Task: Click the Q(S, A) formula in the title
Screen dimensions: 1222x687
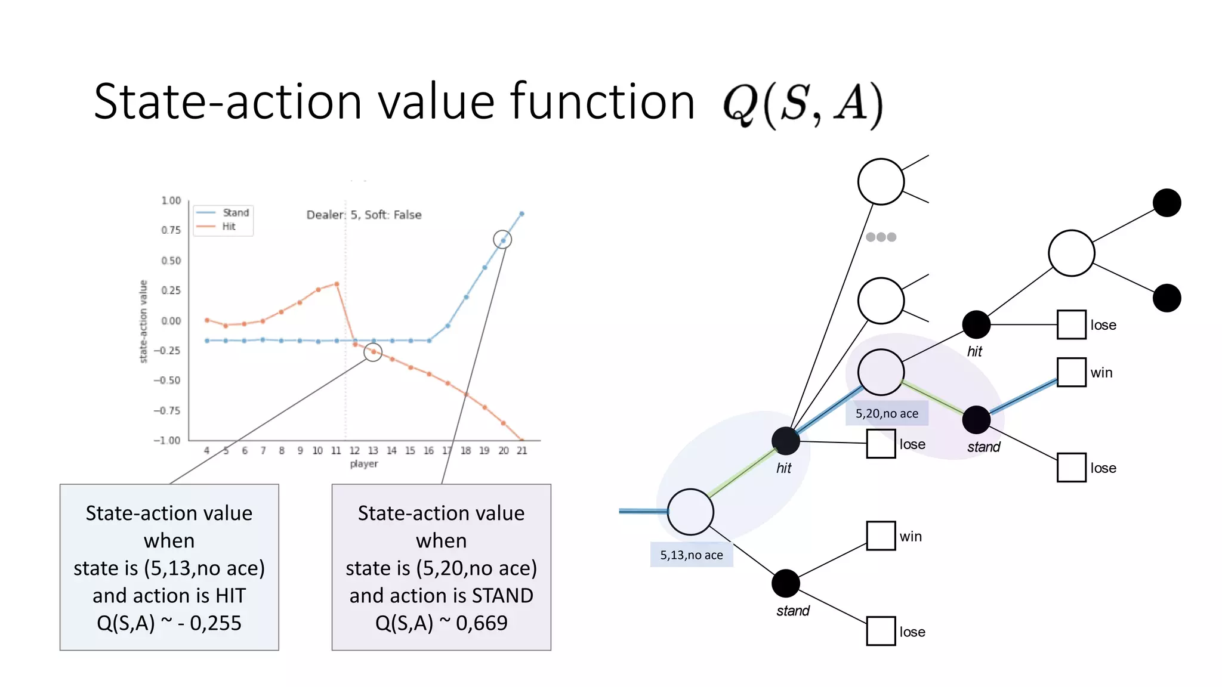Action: coord(803,104)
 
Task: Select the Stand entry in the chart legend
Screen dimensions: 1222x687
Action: coord(235,213)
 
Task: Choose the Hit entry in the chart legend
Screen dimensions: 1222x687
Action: coord(229,227)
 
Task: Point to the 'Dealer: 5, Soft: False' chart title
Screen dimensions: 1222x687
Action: coord(364,215)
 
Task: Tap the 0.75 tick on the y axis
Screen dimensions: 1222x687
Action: coord(171,230)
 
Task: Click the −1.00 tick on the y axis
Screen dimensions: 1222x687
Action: coord(167,441)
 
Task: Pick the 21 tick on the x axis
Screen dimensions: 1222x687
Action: coord(522,451)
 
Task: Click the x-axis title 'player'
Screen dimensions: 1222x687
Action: coord(364,464)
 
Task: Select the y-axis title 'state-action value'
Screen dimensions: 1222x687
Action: coord(143,321)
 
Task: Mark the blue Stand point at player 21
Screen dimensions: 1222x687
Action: coord(522,213)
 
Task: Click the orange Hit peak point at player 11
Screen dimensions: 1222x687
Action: coord(337,284)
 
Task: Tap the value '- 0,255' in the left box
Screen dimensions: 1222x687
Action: coord(209,623)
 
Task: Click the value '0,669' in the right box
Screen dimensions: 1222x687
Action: coord(482,623)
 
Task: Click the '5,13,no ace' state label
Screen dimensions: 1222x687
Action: coord(692,555)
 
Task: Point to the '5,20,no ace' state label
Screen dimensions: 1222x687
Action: coord(887,413)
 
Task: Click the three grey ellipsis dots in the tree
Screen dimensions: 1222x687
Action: coord(881,237)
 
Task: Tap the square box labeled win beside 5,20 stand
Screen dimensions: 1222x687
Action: coord(1071,372)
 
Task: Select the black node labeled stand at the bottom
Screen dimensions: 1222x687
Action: coord(786,583)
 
